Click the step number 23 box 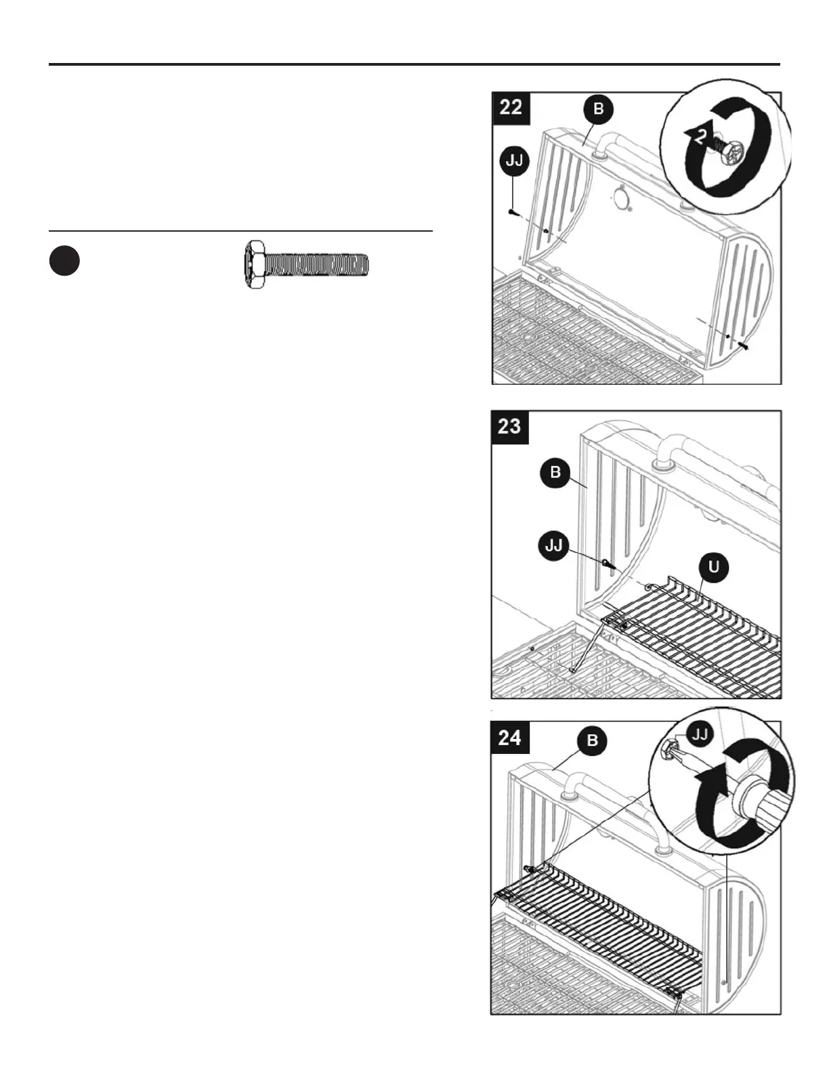click(x=510, y=426)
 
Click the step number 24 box click(x=510, y=737)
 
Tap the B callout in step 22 click(x=598, y=109)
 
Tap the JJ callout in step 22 click(x=513, y=162)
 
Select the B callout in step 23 click(x=555, y=472)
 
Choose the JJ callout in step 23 click(x=554, y=545)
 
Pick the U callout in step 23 click(x=713, y=567)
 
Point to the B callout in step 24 click(x=593, y=740)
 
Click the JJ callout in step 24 click(x=701, y=734)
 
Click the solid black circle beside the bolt click(x=64, y=261)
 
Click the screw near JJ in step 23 click(x=609, y=563)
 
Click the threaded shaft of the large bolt click(x=317, y=264)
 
